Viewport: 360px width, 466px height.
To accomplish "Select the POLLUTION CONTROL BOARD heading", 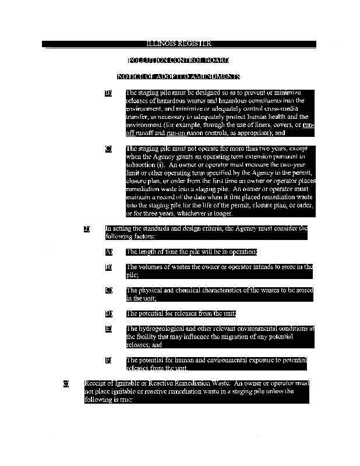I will [178, 60].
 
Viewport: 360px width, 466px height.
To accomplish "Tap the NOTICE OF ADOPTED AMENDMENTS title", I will [178, 76].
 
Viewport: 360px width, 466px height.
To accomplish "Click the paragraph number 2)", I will [87, 229].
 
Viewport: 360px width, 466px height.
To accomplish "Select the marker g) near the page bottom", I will [66, 384].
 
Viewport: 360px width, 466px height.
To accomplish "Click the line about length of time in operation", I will [191, 252].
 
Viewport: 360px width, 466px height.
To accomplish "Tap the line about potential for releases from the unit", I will [181, 313].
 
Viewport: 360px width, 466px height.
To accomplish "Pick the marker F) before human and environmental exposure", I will [108, 360].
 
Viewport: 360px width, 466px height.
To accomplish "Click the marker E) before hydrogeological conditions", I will [108, 329].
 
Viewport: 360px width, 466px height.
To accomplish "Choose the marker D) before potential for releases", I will [108, 313].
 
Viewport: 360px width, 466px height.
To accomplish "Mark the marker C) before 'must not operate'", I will [108, 149].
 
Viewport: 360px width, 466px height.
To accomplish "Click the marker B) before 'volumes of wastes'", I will [108, 267].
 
